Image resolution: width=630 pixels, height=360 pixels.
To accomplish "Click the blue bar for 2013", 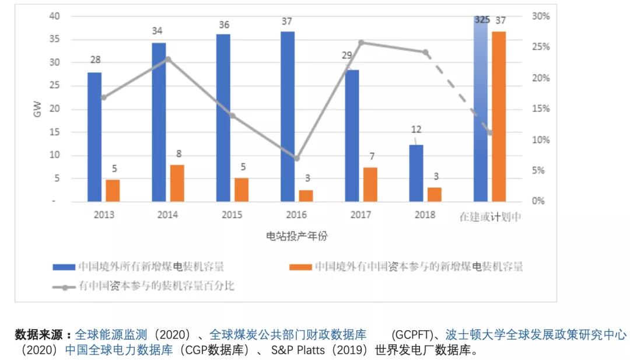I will click(x=94, y=137).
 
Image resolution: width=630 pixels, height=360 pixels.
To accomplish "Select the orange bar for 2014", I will click(x=177, y=183).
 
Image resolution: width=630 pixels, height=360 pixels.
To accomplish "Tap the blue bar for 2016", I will click(x=288, y=116).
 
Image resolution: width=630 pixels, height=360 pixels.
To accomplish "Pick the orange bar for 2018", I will click(x=434, y=194).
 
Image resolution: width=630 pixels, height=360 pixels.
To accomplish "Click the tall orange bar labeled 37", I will click(x=498, y=116).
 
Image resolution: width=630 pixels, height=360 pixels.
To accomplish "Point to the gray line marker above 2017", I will click(x=361, y=43).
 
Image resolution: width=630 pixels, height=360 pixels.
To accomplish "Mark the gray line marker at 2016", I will click(x=296, y=158).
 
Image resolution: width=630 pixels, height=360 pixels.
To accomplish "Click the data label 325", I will click(x=482, y=20).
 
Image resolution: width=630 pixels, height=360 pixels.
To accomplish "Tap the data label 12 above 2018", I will click(x=415, y=130).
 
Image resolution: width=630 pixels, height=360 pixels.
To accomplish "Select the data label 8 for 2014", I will click(x=179, y=154).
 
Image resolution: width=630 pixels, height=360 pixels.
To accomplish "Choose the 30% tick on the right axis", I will click(x=541, y=16).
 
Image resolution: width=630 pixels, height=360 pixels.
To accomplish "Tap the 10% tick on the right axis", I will click(x=541, y=140).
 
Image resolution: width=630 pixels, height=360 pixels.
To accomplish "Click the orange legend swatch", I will click(x=299, y=267).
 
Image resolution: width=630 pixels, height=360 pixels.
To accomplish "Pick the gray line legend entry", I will click(x=143, y=286).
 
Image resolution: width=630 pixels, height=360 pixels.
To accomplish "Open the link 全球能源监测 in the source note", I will click(x=113, y=335).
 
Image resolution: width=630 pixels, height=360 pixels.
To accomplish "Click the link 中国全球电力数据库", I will click(x=119, y=351).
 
